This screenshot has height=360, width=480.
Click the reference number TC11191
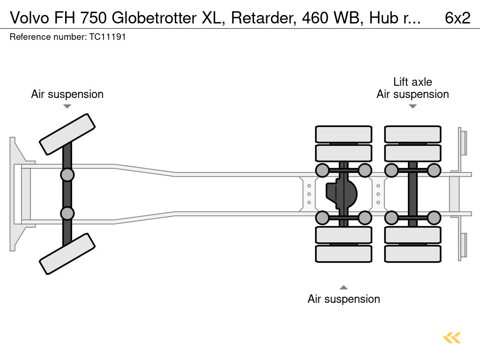click(x=107, y=37)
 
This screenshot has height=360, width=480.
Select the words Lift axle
click(x=412, y=82)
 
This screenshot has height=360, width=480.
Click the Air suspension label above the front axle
click(x=67, y=94)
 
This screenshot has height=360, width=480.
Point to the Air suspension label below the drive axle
click(x=344, y=299)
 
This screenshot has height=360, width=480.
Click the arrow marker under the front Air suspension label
click(x=67, y=106)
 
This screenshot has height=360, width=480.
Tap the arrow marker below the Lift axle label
click(x=412, y=106)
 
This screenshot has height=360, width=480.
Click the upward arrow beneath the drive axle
click(x=344, y=287)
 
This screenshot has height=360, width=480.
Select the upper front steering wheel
click(x=67, y=134)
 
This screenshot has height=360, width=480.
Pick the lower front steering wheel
click(x=67, y=254)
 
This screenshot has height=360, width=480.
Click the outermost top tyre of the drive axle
click(x=344, y=135)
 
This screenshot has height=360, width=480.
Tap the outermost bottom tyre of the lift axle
click(x=412, y=254)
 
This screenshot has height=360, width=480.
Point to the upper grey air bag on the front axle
click(x=67, y=175)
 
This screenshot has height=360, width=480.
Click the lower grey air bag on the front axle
click(x=67, y=213)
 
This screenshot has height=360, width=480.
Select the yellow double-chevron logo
click(x=452, y=338)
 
